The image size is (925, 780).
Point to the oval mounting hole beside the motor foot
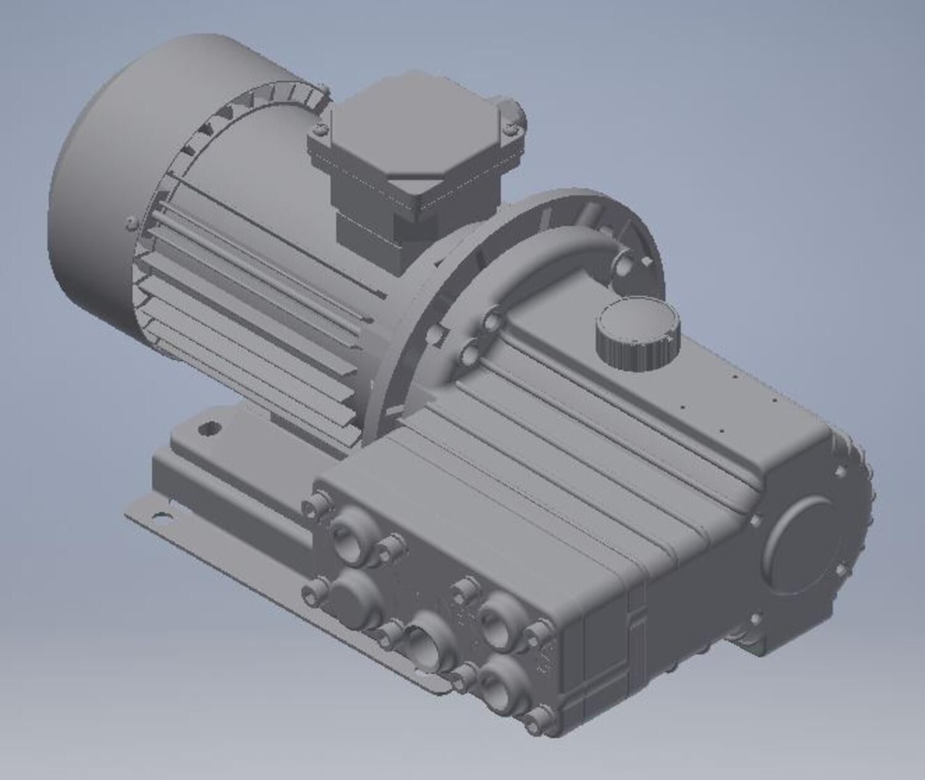pos(210,427)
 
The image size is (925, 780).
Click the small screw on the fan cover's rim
pos(131,222)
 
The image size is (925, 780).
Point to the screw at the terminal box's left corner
pos(319,129)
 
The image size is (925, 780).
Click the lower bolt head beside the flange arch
pos(470,354)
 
